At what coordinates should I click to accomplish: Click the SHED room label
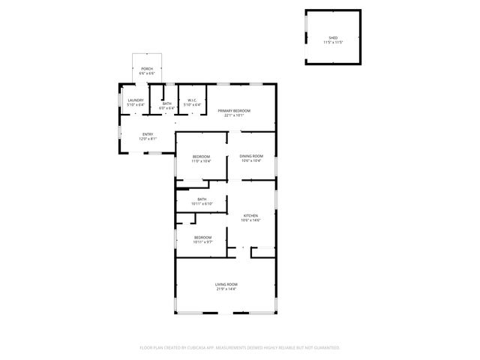(x=333, y=37)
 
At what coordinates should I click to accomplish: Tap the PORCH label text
(x=147, y=69)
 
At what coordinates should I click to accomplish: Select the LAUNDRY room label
(x=136, y=100)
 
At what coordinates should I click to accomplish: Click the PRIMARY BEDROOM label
(x=234, y=111)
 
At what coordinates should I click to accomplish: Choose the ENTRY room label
(x=148, y=134)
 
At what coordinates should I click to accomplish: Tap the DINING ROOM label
(x=251, y=156)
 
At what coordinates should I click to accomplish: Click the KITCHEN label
(x=250, y=215)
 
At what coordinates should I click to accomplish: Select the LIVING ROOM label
(x=226, y=284)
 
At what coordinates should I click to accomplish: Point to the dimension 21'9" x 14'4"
(x=226, y=289)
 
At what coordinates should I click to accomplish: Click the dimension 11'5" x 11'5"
(x=333, y=42)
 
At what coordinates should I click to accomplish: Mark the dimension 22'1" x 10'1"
(x=234, y=115)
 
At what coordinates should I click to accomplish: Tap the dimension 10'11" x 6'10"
(x=202, y=204)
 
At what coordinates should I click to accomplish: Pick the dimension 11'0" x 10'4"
(x=201, y=161)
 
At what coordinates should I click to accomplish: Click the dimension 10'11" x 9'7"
(x=202, y=242)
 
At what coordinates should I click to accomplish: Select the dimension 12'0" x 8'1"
(x=148, y=139)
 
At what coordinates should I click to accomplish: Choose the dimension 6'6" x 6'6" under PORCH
(x=147, y=73)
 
